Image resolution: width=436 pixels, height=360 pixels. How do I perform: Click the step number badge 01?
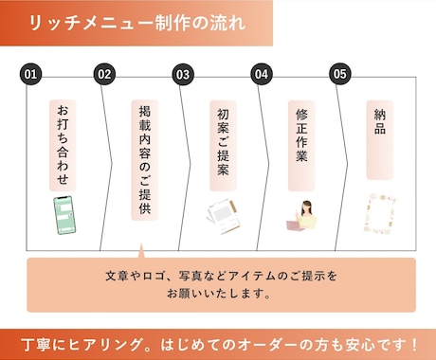pyautogui.click(x=31, y=74)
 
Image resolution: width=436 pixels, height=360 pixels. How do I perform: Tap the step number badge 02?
pyautogui.click(x=104, y=74)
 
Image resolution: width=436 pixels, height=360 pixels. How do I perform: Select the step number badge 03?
pyautogui.click(x=183, y=74)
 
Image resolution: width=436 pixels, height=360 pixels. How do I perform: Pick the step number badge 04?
pyautogui.click(x=262, y=74)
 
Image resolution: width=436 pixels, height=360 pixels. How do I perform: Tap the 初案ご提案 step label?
pyautogui.click(x=223, y=143)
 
